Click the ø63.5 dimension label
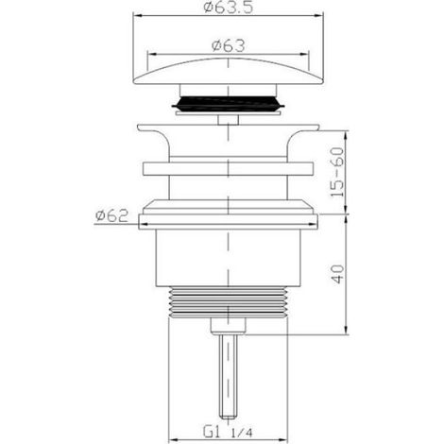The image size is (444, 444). point(229,7)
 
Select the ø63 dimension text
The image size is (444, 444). point(228,46)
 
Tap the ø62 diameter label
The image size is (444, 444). point(112,215)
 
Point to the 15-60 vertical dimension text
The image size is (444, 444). point(337,172)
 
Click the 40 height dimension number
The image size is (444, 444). point(338,275)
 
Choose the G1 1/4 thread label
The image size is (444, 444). point(228,432)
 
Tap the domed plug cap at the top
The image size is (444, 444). point(229,71)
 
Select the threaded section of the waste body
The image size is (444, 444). point(229,302)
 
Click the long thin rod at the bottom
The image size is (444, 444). point(228,376)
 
